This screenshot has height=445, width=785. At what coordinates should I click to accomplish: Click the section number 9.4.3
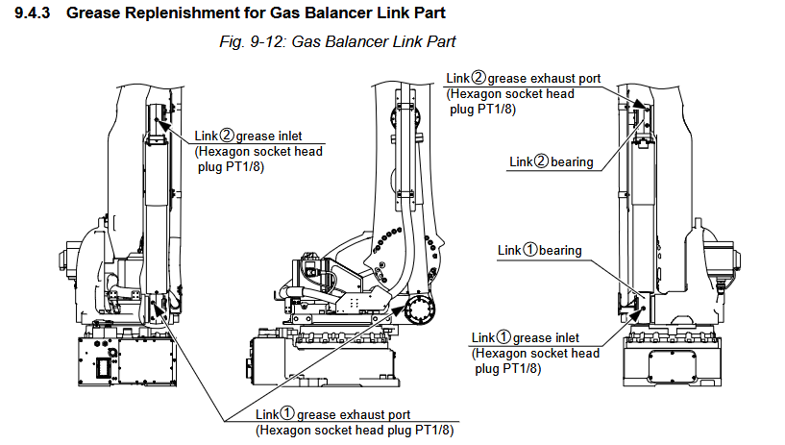coord(33,12)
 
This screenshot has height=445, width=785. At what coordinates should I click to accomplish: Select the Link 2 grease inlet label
coord(248,136)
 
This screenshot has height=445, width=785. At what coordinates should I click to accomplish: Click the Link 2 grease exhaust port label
coord(523,79)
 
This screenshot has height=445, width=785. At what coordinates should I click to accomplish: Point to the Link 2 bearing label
coord(552,161)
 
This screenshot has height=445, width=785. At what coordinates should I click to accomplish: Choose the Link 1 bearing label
coord(540,250)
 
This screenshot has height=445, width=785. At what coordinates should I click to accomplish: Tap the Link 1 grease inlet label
coord(526,338)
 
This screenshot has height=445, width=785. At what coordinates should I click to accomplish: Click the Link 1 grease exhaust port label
coord(332,414)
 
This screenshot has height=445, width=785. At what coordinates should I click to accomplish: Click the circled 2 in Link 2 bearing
coord(542,161)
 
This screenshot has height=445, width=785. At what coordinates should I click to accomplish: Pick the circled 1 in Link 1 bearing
coord(530,250)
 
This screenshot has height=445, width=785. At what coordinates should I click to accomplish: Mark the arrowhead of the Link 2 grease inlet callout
coord(160,123)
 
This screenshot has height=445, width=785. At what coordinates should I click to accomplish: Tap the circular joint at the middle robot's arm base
coord(420,309)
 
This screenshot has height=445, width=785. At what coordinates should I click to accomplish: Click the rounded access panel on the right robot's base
coord(673,365)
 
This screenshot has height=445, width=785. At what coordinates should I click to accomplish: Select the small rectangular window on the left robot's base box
coord(105,369)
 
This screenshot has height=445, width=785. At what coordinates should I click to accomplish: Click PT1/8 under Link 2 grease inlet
coord(244,166)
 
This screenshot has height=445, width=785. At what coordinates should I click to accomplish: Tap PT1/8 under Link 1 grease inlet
coord(522,369)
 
